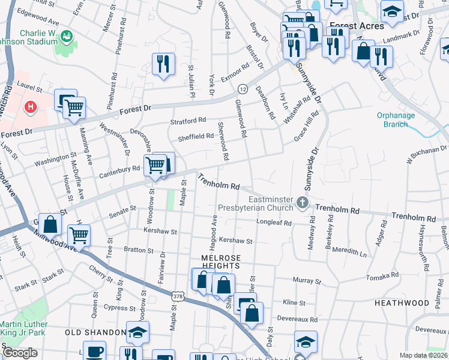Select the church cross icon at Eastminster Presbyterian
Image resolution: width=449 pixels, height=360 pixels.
click(303, 203)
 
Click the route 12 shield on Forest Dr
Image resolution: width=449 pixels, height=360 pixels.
click(243, 89)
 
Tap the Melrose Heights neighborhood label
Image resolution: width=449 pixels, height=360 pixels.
click(220, 261)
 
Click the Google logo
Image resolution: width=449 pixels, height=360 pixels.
click(20, 353)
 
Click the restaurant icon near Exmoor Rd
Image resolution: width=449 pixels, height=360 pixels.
click(163, 64)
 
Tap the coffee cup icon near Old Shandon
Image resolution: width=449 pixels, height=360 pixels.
click(94, 352)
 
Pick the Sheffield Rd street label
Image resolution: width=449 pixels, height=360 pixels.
click(196, 136)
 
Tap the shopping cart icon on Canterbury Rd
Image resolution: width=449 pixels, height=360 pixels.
click(155, 164)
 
